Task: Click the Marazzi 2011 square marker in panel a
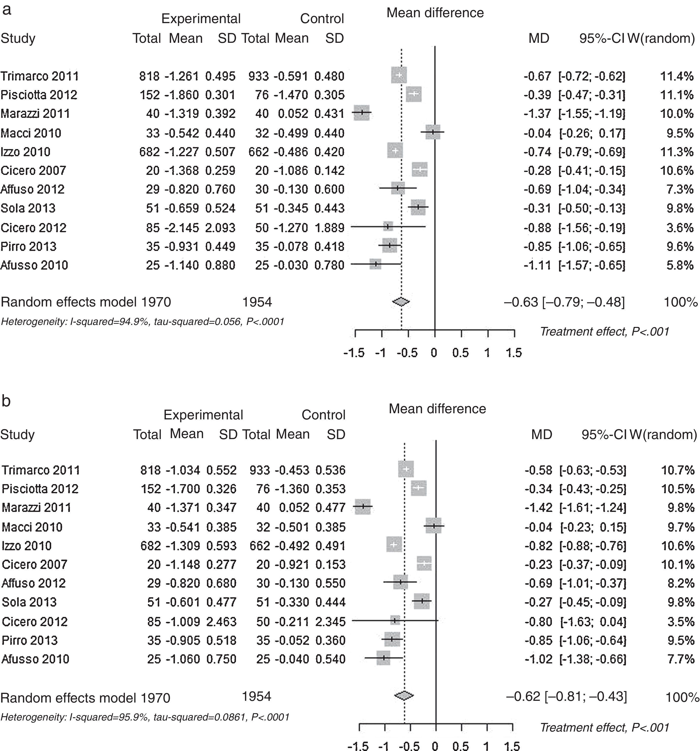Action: click(361, 113)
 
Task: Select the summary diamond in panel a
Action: click(401, 302)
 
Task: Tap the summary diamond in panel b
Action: click(404, 695)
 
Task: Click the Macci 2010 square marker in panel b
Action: click(434, 526)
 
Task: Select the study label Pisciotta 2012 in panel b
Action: click(40, 489)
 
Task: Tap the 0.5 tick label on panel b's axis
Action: click(461, 746)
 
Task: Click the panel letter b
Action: click(6, 401)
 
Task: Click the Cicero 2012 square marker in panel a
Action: click(388, 227)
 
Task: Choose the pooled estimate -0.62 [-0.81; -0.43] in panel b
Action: click(566, 696)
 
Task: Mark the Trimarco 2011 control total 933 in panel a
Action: click(259, 76)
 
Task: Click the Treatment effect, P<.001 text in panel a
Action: click(605, 332)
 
